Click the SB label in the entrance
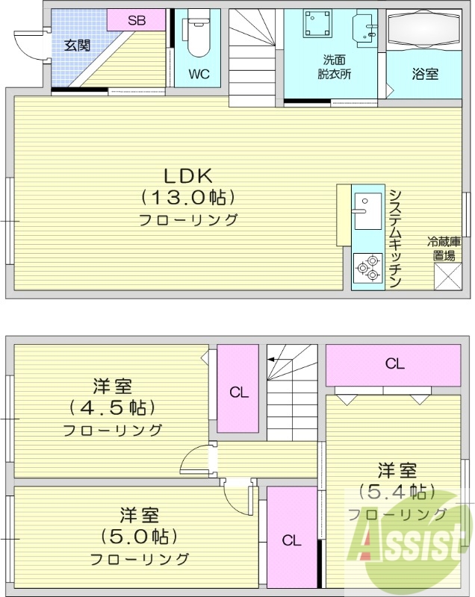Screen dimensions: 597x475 click(x=136, y=20)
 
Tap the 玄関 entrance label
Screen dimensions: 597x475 click(x=76, y=45)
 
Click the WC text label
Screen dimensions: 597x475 click(x=199, y=74)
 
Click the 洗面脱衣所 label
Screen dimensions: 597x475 click(x=334, y=66)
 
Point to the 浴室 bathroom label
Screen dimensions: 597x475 click(x=425, y=74)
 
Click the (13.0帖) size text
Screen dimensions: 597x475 click(x=188, y=198)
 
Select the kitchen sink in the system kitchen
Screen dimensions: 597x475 click(x=367, y=212)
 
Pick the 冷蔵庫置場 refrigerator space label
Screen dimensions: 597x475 click(x=444, y=249)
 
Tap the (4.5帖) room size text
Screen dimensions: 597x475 click(x=112, y=408)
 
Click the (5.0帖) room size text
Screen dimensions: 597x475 click(x=139, y=537)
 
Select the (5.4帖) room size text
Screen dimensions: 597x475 click(x=397, y=492)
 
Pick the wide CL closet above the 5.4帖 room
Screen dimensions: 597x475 click(x=394, y=364)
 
